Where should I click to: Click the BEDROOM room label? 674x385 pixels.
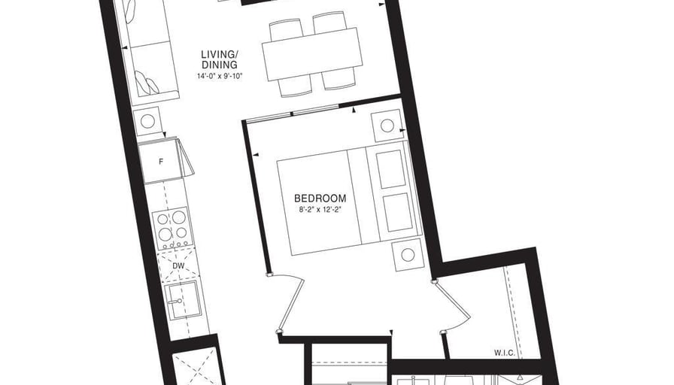pyautogui.click(x=320, y=199)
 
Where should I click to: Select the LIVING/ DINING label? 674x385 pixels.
pyautogui.click(x=219, y=59)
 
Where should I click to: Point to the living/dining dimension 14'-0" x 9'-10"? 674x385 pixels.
pyautogui.click(x=220, y=77)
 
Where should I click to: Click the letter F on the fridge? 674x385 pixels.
pyautogui.click(x=161, y=162)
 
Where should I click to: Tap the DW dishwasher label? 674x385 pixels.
pyautogui.click(x=178, y=266)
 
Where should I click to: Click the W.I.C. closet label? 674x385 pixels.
pyautogui.click(x=505, y=353)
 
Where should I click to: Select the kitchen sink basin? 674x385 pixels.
pyautogui.click(x=183, y=300)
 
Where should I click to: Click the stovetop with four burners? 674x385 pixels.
pyautogui.click(x=172, y=228)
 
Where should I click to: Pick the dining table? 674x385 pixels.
pyautogui.click(x=312, y=54)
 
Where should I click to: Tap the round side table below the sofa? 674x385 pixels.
pyautogui.click(x=147, y=121)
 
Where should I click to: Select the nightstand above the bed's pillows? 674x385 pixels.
pyautogui.click(x=387, y=126)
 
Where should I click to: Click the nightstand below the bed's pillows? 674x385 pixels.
pyautogui.click(x=408, y=255)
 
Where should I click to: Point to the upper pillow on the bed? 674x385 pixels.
pyautogui.click(x=391, y=169)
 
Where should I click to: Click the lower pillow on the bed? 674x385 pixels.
pyautogui.click(x=398, y=212)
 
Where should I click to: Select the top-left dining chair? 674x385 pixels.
pyautogui.click(x=285, y=29)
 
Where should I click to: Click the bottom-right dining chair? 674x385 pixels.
pyautogui.click(x=339, y=80)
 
